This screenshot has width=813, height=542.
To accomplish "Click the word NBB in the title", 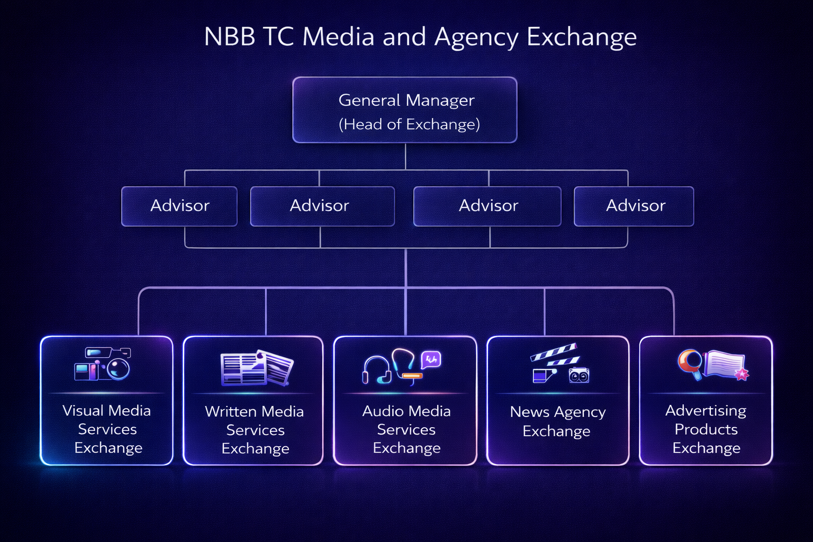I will pos(229,37).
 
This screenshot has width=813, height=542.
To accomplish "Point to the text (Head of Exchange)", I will pos(409,124).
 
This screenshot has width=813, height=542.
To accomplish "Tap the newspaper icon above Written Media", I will pos(257,367).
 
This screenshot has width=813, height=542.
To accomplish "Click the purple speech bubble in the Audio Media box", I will pos(431,360).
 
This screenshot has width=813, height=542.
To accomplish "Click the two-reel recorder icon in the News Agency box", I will pos(579,375).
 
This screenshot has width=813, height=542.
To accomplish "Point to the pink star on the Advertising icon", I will pos(742,375).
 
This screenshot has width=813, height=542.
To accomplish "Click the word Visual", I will pos(83,411).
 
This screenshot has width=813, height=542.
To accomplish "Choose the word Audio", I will pos(380,411).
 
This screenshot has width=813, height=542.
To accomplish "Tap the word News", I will pos(530,412).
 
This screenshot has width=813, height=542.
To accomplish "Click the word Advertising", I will pos(706,411).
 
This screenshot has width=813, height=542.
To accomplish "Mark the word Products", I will pos(706,429).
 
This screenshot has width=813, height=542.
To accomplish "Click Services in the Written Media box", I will pos(255,430).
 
